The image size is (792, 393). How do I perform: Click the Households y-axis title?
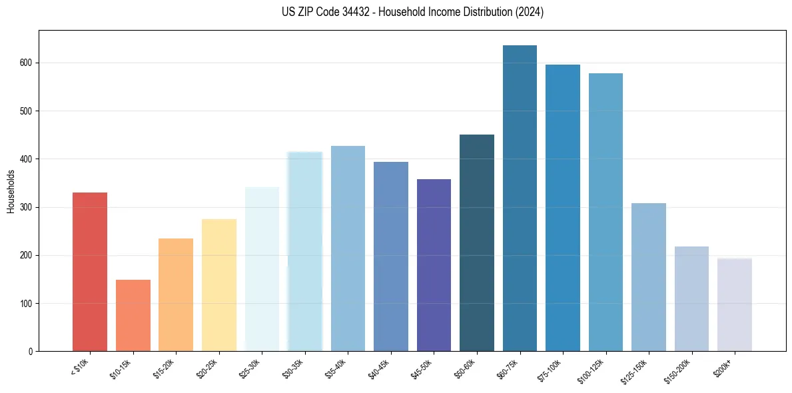pyautogui.click(x=11, y=191)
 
